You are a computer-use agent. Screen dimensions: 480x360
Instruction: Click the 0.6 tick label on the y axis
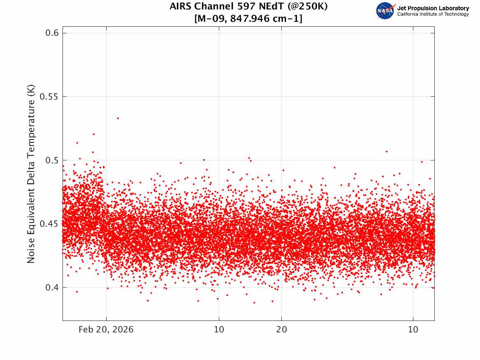[52, 33]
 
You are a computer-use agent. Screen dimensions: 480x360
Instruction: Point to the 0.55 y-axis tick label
[49, 96]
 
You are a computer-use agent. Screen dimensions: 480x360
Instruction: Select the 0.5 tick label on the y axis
[52, 160]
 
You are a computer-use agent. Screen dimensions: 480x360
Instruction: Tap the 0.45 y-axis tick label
[49, 224]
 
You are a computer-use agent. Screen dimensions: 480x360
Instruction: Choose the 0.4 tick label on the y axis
[52, 288]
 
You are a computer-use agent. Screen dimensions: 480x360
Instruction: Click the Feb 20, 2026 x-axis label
[106, 330]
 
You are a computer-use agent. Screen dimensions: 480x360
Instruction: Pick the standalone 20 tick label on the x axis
[282, 330]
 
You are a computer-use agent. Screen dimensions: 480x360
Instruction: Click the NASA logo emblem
[386, 11]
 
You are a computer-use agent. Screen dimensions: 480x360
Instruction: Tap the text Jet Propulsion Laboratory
[433, 8]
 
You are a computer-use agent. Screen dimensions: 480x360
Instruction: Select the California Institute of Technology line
[433, 14]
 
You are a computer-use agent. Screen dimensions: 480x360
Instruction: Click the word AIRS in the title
[181, 6]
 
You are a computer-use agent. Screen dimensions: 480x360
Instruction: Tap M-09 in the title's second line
[211, 19]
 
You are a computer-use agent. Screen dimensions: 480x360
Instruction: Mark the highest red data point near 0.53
[118, 118]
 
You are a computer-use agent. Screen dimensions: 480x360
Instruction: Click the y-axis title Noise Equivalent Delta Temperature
[31, 174]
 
